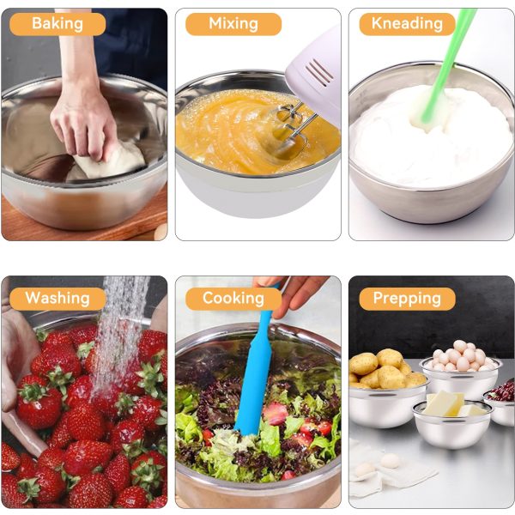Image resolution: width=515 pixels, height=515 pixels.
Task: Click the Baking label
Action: (58, 24)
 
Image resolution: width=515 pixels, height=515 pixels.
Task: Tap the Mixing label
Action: (233, 24)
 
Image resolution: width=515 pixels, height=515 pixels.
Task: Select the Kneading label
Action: (407, 24)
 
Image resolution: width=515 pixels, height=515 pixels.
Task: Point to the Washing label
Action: (58, 299)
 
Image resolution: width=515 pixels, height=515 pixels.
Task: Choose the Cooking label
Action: (233, 299)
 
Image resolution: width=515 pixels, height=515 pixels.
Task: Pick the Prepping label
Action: (407, 299)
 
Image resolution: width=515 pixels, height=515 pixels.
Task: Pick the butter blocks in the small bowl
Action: (452, 404)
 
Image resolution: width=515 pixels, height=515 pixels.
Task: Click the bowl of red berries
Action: (500, 403)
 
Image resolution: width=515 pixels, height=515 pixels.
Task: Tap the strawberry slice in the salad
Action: (276, 413)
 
